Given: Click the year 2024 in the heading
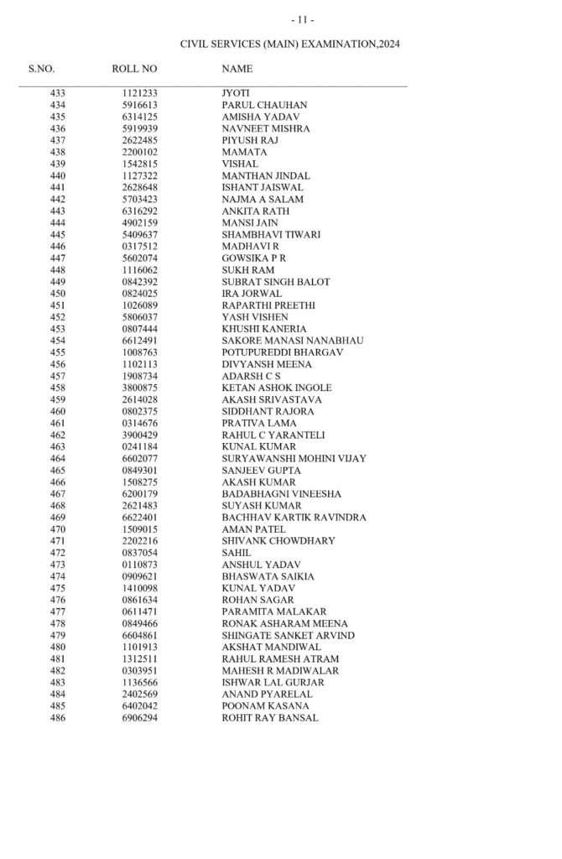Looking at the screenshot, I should click(386, 43).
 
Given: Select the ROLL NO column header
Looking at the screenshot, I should click(134, 69).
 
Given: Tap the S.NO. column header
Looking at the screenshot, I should click(42, 69).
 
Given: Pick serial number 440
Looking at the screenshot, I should click(57, 176).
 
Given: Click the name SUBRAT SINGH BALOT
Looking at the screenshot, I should click(275, 282).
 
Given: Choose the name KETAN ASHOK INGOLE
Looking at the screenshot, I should click(276, 388).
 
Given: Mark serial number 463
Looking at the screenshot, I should click(57, 447).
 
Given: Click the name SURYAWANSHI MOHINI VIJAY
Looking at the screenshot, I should click(294, 459).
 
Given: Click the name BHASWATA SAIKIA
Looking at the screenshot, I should click(268, 577).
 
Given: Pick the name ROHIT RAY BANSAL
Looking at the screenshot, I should click(269, 719).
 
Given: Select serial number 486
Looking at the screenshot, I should click(57, 719).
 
